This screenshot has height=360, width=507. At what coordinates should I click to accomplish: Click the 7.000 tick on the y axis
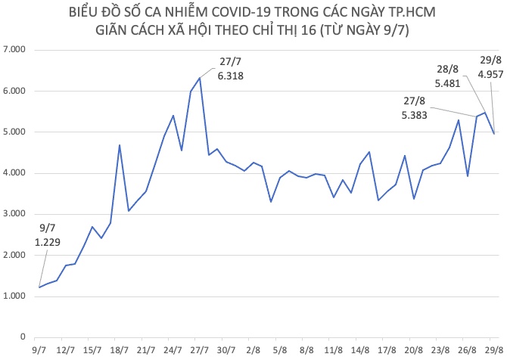(15, 50)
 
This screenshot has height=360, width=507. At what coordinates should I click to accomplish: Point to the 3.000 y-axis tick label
(15, 214)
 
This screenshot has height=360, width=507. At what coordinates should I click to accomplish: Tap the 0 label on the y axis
(23, 337)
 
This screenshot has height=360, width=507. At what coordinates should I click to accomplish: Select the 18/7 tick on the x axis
(120, 351)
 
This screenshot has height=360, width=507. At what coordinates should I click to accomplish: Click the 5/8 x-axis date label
(279, 351)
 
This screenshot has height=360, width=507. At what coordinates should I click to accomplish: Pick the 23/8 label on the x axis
(440, 351)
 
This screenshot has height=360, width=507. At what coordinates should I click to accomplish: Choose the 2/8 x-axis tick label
(253, 351)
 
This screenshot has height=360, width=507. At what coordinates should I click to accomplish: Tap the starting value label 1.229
(49, 241)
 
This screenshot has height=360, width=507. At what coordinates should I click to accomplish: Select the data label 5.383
(415, 116)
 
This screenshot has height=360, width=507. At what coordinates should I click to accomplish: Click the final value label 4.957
(490, 74)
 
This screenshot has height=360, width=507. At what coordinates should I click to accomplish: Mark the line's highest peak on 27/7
(200, 78)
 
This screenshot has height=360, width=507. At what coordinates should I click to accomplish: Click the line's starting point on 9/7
(39, 287)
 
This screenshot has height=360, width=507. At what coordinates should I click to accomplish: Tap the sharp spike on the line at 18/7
(120, 145)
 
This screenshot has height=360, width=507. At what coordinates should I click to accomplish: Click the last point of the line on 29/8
(493, 134)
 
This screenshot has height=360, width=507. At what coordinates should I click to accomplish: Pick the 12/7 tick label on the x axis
(66, 351)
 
